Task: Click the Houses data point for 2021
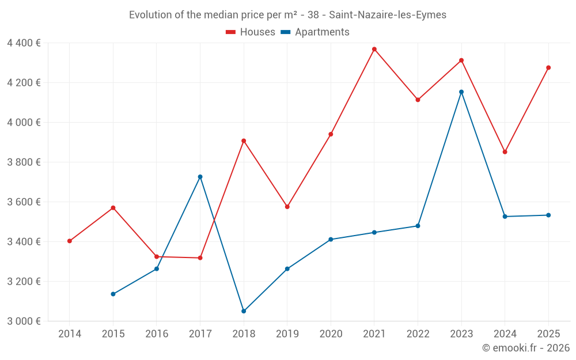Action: (x=374, y=50)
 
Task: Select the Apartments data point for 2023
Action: (x=461, y=92)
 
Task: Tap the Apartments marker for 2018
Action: (x=244, y=311)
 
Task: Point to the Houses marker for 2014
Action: (x=70, y=241)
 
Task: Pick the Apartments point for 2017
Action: (x=200, y=177)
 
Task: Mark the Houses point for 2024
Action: (x=505, y=152)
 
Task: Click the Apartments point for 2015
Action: (x=113, y=294)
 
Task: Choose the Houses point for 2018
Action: (x=244, y=141)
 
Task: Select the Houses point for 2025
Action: (x=548, y=68)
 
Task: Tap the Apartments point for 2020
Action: (x=331, y=240)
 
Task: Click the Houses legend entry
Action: (x=251, y=32)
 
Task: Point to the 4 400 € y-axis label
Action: (x=24, y=43)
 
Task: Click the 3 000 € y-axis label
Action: (x=24, y=321)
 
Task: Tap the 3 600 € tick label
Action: (x=24, y=202)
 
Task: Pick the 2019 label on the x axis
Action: (x=287, y=334)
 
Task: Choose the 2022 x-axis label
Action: (x=418, y=334)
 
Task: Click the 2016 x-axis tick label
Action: (x=157, y=334)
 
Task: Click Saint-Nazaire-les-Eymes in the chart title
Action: (x=388, y=15)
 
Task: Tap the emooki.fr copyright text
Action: (x=526, y=348)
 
